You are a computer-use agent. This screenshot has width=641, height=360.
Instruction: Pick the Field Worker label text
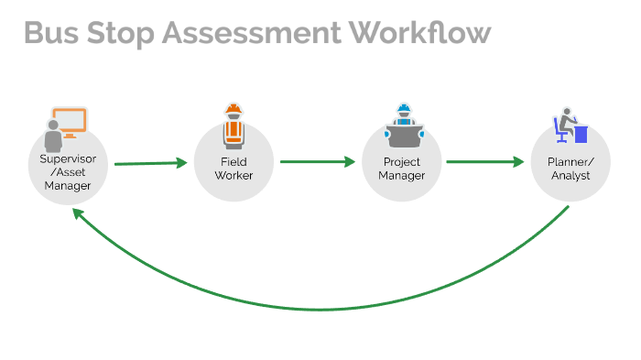(234, 169)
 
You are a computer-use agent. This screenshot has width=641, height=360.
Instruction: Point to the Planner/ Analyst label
(570, 169)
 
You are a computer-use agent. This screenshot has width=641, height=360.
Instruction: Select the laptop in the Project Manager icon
(402, 138)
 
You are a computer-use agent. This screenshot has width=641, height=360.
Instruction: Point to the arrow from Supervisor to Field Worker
(150, 164)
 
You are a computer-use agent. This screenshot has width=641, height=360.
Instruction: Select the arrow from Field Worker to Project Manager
(317, 162)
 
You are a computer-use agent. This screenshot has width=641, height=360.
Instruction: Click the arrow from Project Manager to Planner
(484, 162)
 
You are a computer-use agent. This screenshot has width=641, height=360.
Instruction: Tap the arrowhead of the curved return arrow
(76, 213)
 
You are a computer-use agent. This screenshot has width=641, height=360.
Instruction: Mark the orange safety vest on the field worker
(234, 133)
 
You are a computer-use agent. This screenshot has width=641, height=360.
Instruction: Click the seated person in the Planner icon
(564, 125)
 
